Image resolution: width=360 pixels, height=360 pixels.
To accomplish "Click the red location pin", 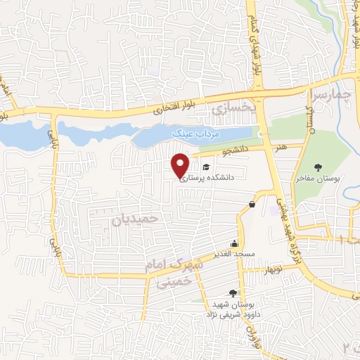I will click(x=181, y=165).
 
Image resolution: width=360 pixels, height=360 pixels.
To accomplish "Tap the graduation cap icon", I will click(x=207, y=167).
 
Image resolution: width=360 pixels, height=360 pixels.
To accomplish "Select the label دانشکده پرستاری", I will click(x=215, y=179).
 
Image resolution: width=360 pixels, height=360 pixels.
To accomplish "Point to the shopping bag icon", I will click(x=252, y=205).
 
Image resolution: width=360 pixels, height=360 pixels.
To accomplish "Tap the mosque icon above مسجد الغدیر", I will click(x=235, y=243).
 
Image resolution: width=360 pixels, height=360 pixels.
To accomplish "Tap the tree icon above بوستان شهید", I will click(x=233, y=293).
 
